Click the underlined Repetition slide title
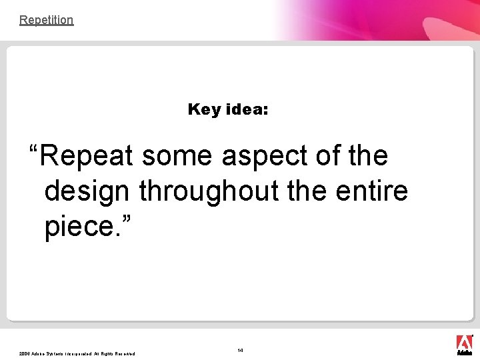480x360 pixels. (x=46, y=20)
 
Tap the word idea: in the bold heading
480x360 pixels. (x=247, y=109)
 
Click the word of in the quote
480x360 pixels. (x=328, y=156)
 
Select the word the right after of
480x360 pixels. (x=368, y=156)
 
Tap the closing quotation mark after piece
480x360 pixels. (x=126, y=221)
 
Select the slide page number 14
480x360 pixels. (x=240, y=350)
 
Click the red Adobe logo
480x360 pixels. (x=464, y=345)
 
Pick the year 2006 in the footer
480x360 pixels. (x=25, y=354)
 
